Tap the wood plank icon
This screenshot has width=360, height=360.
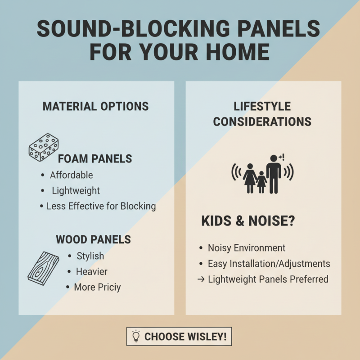point(44,269)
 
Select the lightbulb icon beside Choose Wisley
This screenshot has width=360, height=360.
point(135,336)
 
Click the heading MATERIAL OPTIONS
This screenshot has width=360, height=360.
point(95,106)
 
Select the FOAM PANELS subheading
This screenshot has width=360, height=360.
point(95,158)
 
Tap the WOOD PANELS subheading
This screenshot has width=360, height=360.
point(94,239)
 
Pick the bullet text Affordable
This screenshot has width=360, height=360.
point(71,175)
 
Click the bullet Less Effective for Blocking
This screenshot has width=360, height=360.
point(101,206)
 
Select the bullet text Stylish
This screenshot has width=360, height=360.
point(90,256)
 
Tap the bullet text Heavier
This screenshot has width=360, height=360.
point(92,271)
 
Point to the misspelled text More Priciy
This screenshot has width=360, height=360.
point(97,287)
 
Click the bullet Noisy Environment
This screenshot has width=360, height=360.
point(246,248)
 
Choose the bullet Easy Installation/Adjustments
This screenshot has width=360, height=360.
point(269,264)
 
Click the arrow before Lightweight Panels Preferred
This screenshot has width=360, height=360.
point(201,279)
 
